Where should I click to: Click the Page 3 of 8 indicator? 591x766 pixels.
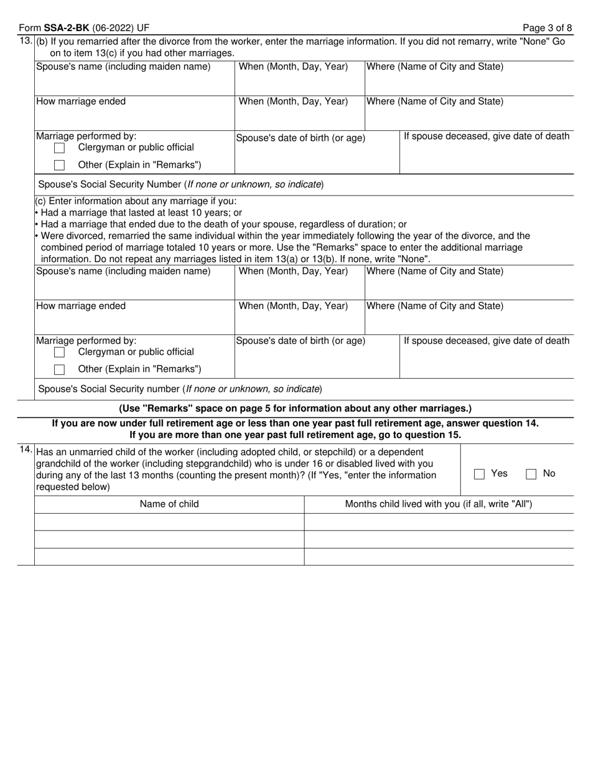click(x=547, y=28)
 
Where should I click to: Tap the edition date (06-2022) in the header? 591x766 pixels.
click(x=110, y=28)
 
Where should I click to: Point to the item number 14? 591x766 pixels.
click(x=26, y=450)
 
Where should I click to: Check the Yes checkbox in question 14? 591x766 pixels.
click(x=479, y=474)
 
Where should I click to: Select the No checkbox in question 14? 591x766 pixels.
click(x=531, y=474)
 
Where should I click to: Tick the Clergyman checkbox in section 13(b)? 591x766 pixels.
click(x=59, y=148)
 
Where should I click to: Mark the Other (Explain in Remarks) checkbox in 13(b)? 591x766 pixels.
click(x=59, y=166)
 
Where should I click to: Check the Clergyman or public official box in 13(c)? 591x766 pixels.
click(x=59, y=352)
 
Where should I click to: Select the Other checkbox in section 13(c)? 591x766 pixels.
click(x=59, y=370)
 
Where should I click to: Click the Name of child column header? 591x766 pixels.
click(x=169, y=504)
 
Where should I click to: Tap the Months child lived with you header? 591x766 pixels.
click(x=439, y=504)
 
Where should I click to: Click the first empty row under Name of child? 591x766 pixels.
click(x=169, y=522)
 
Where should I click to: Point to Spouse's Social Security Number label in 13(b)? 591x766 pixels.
click(x=180, y=184)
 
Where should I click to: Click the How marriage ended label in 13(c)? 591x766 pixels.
click(x=81, y=306)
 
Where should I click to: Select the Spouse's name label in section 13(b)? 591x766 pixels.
click(x=123, y=67)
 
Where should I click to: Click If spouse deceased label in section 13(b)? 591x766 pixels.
click(x=486, y=136)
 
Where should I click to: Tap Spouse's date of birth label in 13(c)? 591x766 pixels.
click(x=300, y=341)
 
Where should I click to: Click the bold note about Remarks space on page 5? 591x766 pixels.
click(x=295, y=409)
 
